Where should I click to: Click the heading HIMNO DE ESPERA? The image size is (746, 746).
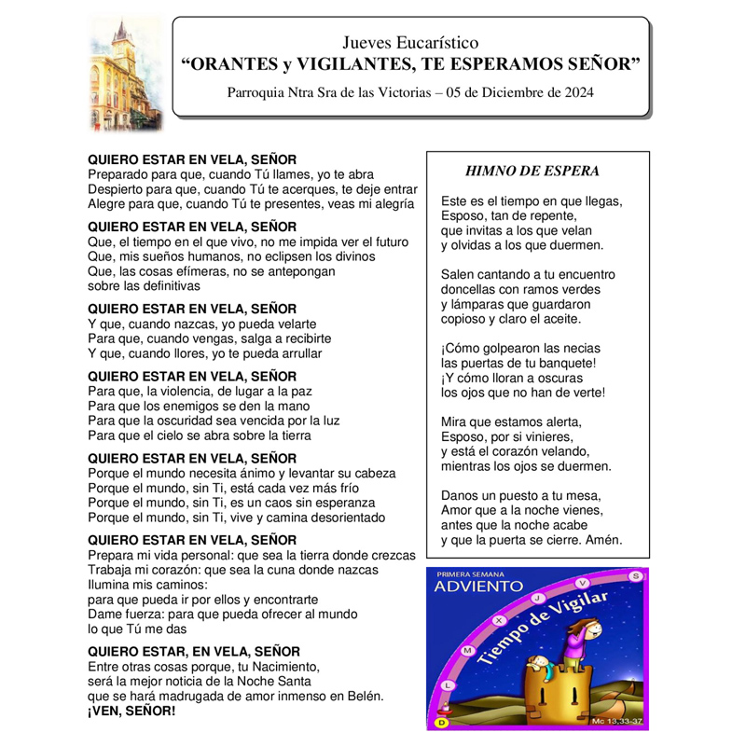click(532, 171)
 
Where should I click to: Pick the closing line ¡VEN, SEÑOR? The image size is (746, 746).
click(131, 711)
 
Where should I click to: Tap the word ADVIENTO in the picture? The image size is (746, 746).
click(479, 587)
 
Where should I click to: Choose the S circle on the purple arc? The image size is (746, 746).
click(636, 576)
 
